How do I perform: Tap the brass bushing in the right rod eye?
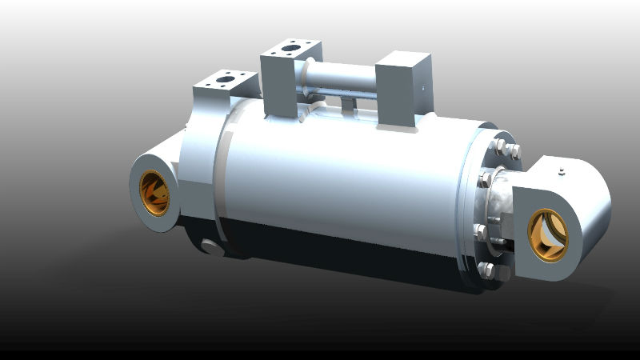click(549, 234)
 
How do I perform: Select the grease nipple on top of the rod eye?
click(562, 171)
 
